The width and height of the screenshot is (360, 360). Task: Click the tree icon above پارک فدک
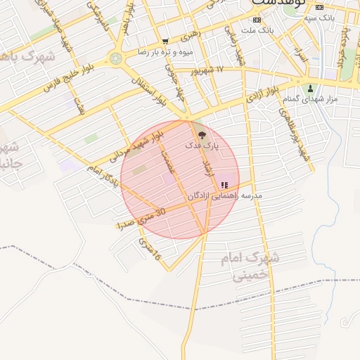(202, 134)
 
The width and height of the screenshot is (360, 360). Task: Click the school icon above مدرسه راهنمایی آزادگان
(224, 185)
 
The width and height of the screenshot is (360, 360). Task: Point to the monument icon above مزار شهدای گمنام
(310, 89)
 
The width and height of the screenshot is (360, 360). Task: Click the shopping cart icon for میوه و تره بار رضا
(165, 42)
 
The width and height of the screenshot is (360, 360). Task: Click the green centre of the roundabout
(115, 58)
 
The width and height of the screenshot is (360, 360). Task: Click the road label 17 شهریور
(210, 70)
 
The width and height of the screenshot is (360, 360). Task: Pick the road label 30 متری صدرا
(141, 217)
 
